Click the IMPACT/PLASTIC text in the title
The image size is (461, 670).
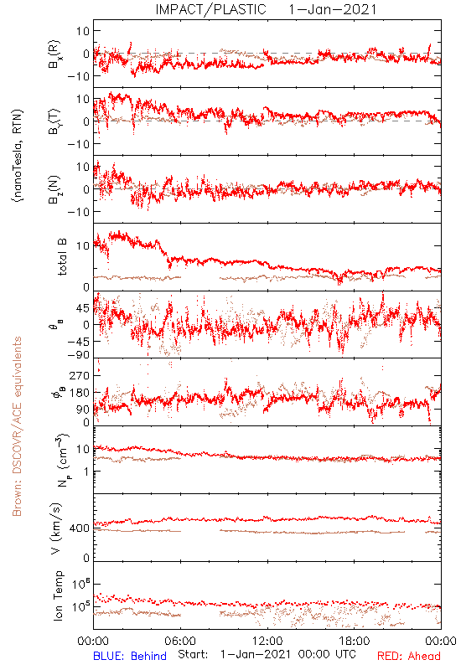click(210, 9)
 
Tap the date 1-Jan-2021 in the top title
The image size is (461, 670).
click(333, 9)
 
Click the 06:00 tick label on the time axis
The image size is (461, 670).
click(180, 641)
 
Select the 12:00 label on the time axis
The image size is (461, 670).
click(267, 641)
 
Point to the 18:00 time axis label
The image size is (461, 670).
click(355, 641)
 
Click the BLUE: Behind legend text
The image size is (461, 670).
click(130, 656)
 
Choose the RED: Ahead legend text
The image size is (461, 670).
click(409, 656)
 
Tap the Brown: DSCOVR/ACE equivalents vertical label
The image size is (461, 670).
click(17, 426)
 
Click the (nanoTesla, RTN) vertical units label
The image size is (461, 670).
click(18, 156)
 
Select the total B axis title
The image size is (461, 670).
click(62, 257)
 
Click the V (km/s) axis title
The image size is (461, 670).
click(56, 528)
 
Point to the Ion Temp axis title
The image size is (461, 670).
click(58, 595)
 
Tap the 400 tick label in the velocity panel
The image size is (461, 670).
click(80, 528)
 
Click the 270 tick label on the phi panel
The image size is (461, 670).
click(80, 375)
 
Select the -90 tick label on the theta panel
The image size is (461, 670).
click(78, 355)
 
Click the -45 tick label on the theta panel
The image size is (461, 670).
click(78, 342)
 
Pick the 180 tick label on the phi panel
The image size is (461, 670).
click(80, 393)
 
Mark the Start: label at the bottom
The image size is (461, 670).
click(193, 655)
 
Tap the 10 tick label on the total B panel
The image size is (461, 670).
click(83, 246)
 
